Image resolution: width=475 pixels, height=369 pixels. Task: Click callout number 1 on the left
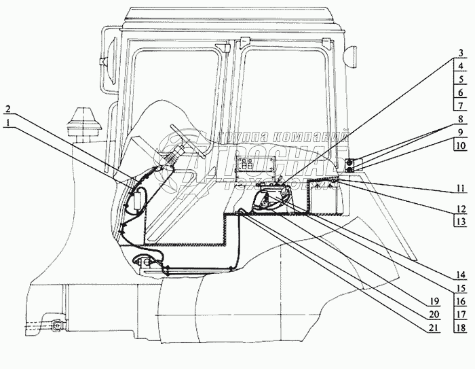7,122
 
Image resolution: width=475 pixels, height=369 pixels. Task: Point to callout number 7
460,105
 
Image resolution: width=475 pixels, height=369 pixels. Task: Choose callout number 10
460,144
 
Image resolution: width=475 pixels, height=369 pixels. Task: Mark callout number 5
460,80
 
